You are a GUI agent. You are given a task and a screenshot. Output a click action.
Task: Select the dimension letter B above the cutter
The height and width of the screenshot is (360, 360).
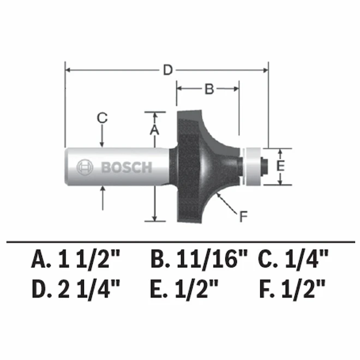[x=208, y=89]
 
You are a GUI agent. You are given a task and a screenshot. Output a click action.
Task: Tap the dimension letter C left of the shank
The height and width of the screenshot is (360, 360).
[x=102, y=117]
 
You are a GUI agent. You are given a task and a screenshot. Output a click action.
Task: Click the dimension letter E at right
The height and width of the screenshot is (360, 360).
[x=280, y=166]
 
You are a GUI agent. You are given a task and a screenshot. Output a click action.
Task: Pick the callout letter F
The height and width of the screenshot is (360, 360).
[x=244, y=217]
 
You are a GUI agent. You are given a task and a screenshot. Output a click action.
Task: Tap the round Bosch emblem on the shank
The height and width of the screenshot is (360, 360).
[x=85, y=167]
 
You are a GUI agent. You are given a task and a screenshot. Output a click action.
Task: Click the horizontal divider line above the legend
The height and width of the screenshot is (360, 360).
[x=180, y=241]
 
